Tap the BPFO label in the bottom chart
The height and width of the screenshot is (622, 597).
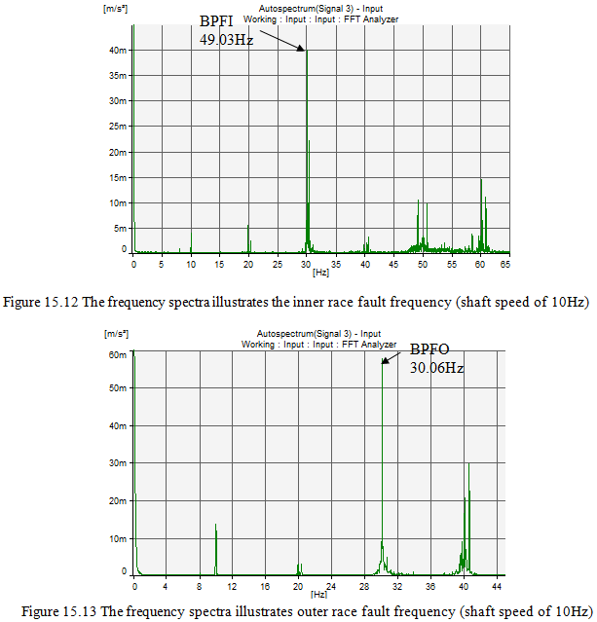click(429, 349)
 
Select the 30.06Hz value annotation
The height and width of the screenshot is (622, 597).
click(436, 368)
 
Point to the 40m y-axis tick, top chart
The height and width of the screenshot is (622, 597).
click(118, 51)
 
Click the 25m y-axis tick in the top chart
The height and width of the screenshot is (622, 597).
click(118, 127)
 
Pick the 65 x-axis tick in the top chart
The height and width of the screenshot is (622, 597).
click(505, 265)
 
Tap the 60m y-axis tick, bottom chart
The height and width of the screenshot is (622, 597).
click(118, 354)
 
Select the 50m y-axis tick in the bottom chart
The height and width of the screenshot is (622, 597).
click(118, 388)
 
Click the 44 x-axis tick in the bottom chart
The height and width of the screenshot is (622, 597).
click(496, 586)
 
